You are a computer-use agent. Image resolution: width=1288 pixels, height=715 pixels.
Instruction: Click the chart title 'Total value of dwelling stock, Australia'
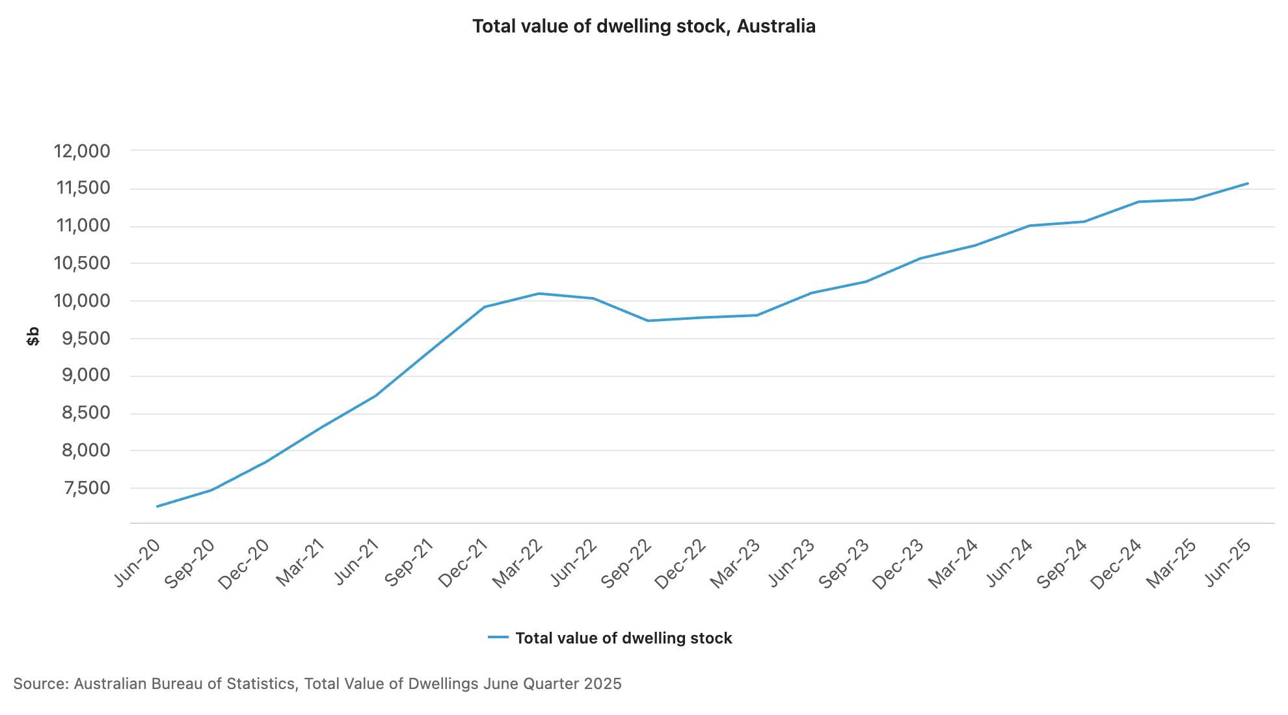point(643,26)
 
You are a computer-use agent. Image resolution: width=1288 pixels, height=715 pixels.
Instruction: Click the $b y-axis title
point(33,336)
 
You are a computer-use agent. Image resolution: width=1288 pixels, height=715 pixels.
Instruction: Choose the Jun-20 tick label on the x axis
point(137,564)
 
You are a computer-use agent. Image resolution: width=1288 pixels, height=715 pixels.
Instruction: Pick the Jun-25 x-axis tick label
point(1228,564)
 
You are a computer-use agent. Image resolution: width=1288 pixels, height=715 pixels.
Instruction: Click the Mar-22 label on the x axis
point(517,565)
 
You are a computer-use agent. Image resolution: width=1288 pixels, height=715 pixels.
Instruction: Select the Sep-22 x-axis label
point(626,565)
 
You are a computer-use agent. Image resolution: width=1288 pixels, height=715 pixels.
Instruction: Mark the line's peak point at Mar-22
point(539,293)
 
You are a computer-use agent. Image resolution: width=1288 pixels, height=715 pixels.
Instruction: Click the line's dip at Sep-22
point(648,320)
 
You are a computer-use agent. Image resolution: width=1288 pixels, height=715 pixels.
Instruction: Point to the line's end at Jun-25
point(1248,183)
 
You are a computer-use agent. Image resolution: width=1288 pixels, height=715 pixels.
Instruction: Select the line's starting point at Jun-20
point(157,506)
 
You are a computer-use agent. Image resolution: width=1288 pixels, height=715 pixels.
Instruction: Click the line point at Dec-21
point(485,307)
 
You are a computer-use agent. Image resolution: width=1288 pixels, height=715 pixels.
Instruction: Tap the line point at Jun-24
point(1030,226)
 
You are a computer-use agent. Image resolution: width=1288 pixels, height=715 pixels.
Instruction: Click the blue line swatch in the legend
point(498,638)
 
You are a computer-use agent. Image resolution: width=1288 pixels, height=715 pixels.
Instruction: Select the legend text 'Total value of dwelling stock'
point(623,638)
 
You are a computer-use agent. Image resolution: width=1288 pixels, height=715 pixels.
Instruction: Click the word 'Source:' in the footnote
point(40,684)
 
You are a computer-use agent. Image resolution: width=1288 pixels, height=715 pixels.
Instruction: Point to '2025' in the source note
point(602,684)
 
